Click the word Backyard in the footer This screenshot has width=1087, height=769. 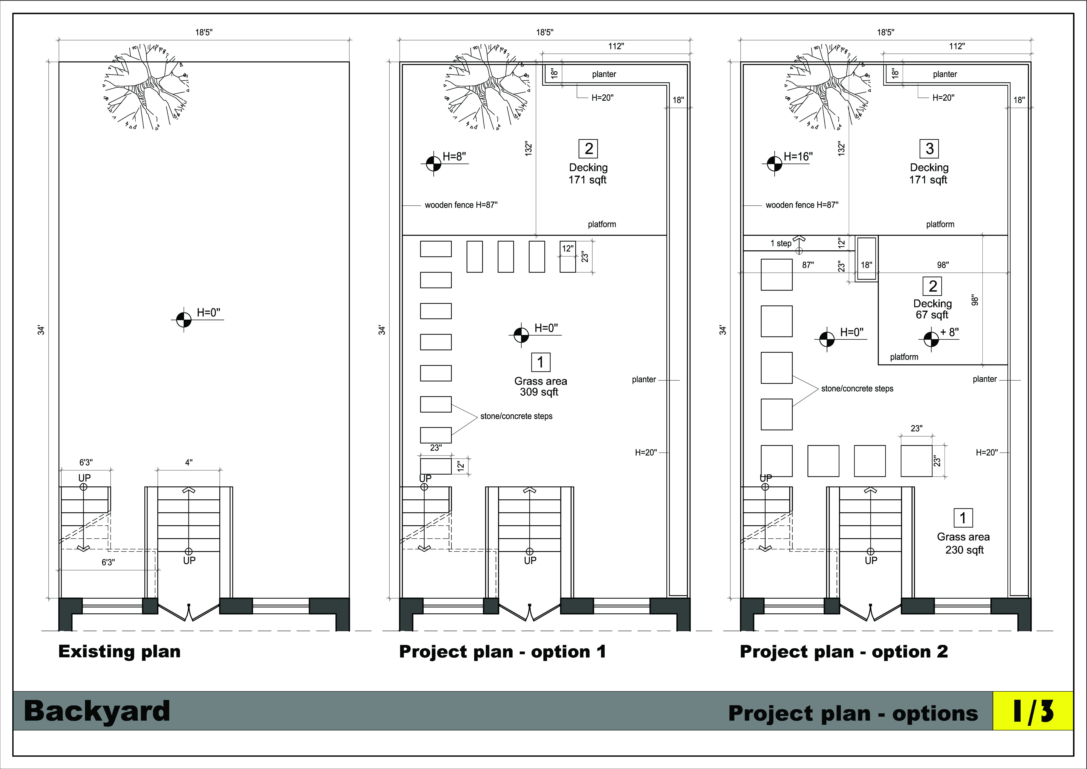[x=97, y=711]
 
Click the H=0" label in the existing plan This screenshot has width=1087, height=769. [x=208, y=313]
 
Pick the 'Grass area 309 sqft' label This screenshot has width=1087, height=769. [x=540, y=386]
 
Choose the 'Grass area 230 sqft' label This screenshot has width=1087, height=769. [x=963, y=543]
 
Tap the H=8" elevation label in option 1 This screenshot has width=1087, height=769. [x=454, y=156]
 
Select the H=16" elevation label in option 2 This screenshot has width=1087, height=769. [x=798, y=156]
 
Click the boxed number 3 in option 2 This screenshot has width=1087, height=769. [x=929, y=149]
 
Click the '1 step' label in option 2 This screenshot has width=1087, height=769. [x=781, y=243]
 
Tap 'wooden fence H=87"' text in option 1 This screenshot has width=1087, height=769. [x=461, y=205]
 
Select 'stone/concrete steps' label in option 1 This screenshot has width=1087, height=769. [x=516, y=416]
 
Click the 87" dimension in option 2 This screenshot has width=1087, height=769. [x=808, y=265]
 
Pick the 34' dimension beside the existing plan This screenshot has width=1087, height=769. [x=42, y=330]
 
